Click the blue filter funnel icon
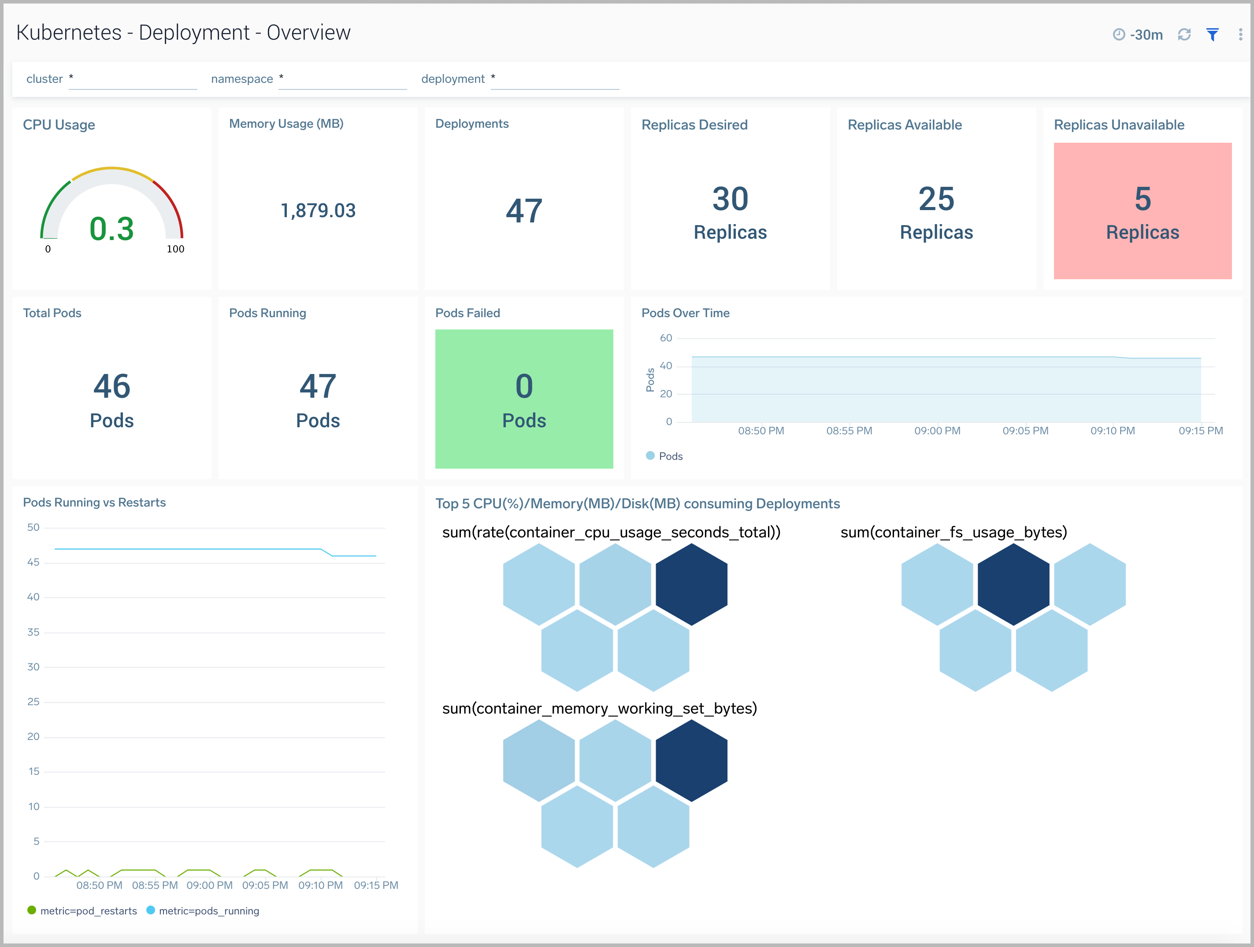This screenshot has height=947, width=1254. coord(1212,35)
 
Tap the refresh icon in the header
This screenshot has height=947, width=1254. coord(1184,35)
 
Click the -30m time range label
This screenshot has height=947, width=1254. coord(1146,35)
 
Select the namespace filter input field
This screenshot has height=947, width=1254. coord(343,79)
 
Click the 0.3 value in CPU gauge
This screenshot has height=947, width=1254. coord(111,229)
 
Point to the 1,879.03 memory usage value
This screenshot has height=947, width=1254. coord(318,211)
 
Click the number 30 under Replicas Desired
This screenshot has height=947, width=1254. coord(730,199)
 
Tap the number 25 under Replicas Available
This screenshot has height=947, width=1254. coord(936,199)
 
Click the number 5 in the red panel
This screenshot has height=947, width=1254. coord(1143,199)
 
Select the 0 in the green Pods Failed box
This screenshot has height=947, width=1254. coord(524,386)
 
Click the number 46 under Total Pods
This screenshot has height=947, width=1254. coord(111,386)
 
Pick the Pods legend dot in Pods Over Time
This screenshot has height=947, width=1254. coord(650,455)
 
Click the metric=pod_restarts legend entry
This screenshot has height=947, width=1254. coord(82,911)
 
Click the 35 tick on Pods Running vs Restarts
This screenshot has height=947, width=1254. coord(33,632)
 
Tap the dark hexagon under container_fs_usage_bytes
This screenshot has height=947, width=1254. coord(1013,584)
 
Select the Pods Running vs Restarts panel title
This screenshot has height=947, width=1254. coord(94,503)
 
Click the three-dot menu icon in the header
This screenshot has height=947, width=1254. coord(1240,35)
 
